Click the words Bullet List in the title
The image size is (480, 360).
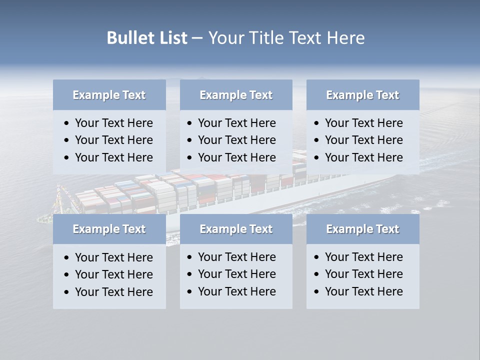pyautogui.click(x=147, y=38)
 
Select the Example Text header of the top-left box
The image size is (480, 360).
pyautogui.click(x=109, y=95)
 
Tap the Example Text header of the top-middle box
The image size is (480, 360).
pyautogui.click(x=236, y=95)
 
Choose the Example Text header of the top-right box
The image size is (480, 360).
pyautogui.click(x=362, y=95)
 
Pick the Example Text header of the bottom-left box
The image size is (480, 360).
pyautogui.click(x=109, y=229)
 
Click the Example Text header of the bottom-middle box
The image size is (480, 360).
pyautogui.click(x=236, y=229)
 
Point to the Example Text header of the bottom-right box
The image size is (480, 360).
pyautogui.click(x=362, y=229)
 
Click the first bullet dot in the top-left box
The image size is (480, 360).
pyautogui.click(x=67, y=123)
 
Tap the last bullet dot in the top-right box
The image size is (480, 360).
pyautogui.click(x=317, y=158)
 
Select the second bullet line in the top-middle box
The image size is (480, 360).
pyautogui.click(x=236, y=140)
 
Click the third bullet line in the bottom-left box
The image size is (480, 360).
pyautogui.click(x=113, y=292)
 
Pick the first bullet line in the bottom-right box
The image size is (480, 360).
pyautogui.click(x=363, y=257)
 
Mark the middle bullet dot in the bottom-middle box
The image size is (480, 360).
pyautogui.click(x=190, y=274)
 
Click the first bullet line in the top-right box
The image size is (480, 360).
pyautogui.click(x=363, y=123)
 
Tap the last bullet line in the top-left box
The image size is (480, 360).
pyautogui.click(x=113, y=157)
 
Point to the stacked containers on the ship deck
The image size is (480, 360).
pyautogui.click(x=200, y=187)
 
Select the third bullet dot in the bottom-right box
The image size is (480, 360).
pyautogui.click(x=317, y=292)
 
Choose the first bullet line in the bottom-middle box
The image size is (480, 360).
pyautogui.click(x=236, y=257)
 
